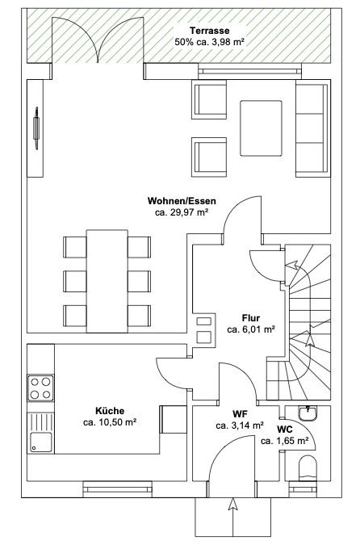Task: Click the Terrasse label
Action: (x=209, y=31)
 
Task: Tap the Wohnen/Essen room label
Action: (x=182, y=201)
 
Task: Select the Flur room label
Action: (x=251, y=318)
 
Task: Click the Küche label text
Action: (x=110, y=410)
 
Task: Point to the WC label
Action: (x=285, y=430)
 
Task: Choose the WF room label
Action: (x=240, y=414)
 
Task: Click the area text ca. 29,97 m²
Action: (x=182, y=212)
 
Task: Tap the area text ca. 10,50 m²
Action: (x=110, y=422)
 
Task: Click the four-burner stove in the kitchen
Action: (x=40, y=388)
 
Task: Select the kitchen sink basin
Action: (x=41, y=442)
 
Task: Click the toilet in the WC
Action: (x=308, y=467)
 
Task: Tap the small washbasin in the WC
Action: (x=308, y=413)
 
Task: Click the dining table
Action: (x=107, y=281)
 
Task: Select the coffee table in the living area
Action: (x=261, y=128)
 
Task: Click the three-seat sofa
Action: (x=313, y=128)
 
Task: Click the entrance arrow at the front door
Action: (x=233, y=517)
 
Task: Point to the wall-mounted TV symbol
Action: (x=36, y=128)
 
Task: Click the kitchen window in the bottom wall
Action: (x=118, y=488)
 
